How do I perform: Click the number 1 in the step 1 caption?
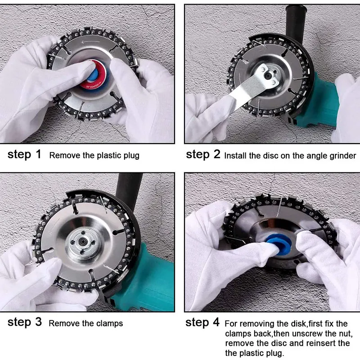pyautogui.click(x=38, y=154)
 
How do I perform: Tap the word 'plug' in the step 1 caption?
pyautogui.click(x=131, y=156)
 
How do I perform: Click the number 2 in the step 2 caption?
pyautogui.click(x=217, y=154)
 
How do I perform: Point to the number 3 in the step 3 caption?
pyautogui.click(x=38, y=322)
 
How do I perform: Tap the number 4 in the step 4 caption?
pyautogui.click(x=216, y=322)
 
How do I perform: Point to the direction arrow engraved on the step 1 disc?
pyautogui.click(x=91, y=42)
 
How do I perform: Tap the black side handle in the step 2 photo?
pyautogui.click(x=296, y=22)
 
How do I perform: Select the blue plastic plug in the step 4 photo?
pyautogui.click(x=279, y=244)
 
